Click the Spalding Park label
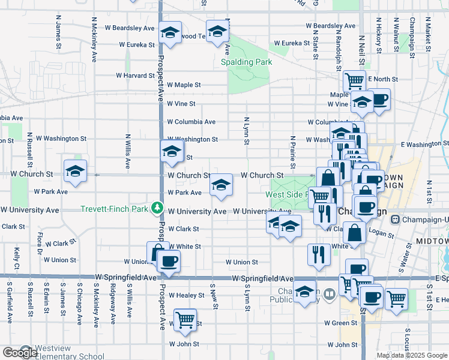pos(246,62)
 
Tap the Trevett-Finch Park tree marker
pos(158,208)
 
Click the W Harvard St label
pos(136,76)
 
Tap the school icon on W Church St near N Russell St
pos(76,171)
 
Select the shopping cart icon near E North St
pos(355,80)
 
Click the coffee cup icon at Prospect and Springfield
pos(169,261)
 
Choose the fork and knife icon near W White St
pos(319,254)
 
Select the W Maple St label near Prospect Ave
pos(184,85)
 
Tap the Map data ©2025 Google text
pos(412,355)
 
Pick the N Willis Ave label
pos(128,151)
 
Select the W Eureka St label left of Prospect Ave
pos(137,44)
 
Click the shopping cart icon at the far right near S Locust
pos(396,298)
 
